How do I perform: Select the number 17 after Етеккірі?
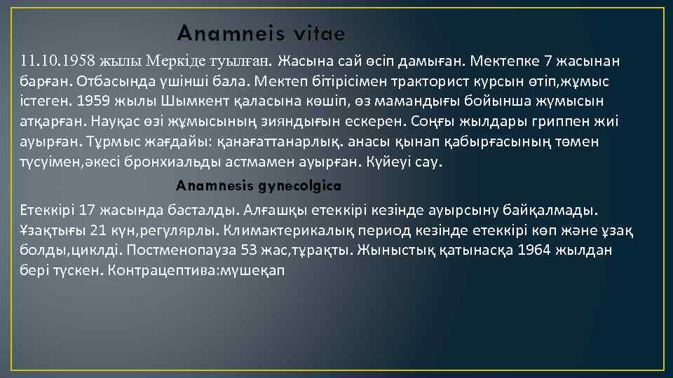click(87, 209)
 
